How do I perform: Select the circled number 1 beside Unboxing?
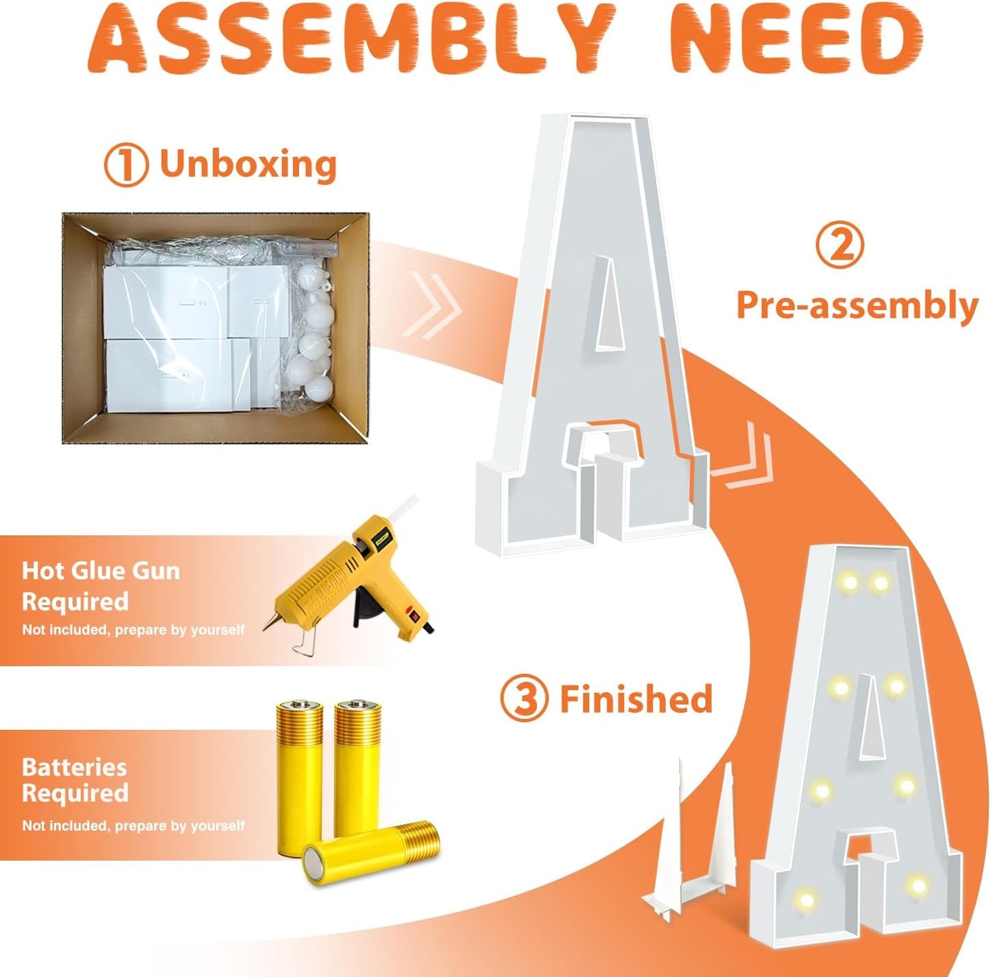126,164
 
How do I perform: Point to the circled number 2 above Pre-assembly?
840,246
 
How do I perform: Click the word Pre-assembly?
858,305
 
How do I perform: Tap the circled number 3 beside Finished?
524,698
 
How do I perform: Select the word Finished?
636,698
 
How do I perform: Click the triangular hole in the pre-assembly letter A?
610,305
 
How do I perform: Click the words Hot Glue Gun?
102,572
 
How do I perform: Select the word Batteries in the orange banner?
74,768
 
